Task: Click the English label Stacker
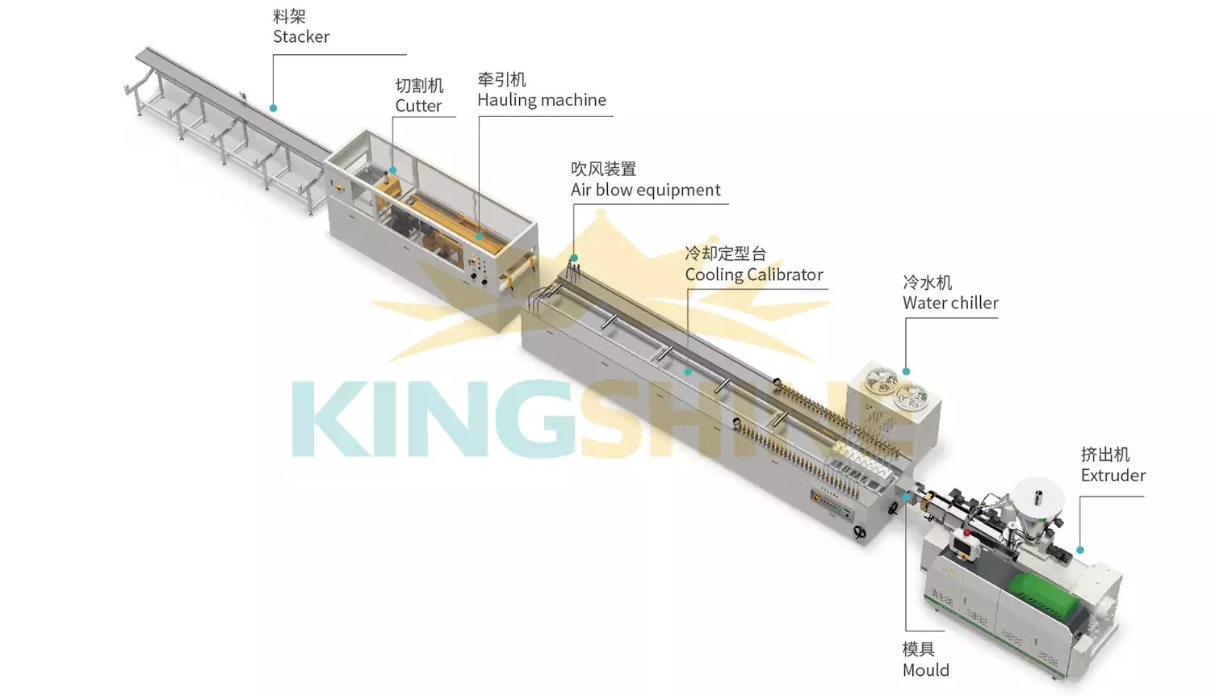tap(301, 37)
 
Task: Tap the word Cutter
tap(418, 106)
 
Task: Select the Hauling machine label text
tap(542, 100)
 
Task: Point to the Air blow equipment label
tap(646, 191)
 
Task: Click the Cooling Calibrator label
tap(754, 275)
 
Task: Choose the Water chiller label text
tap(950, 303)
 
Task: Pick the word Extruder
tap(1113, 476)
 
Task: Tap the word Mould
tap(925, 671)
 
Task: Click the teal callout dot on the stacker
tap(274, 108)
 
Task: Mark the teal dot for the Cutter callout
tap(393, 170)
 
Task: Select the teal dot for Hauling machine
tap(479, 237)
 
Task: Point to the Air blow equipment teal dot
tap(574, 258)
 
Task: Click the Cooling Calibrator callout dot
tap(688, 372)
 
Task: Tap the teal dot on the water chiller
tap(906, 371)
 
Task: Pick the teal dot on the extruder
tap(1080, 550)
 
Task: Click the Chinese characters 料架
tap(289, 16)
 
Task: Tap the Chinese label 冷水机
tap(927, 283)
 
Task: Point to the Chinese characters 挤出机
tap(1105, 455)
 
